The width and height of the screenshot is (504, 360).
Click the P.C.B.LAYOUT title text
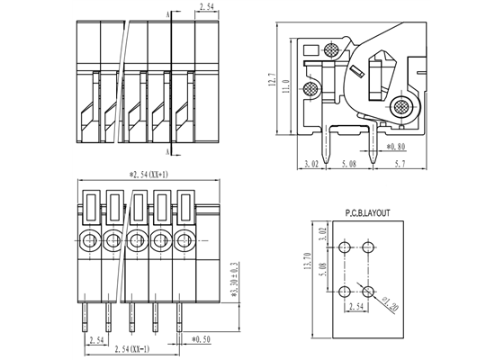[369, 215]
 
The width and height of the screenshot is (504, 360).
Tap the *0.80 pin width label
[397, 146]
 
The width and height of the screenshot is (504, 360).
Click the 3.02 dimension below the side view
[310, 165]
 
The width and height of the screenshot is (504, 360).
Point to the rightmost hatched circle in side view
[399, 107]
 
